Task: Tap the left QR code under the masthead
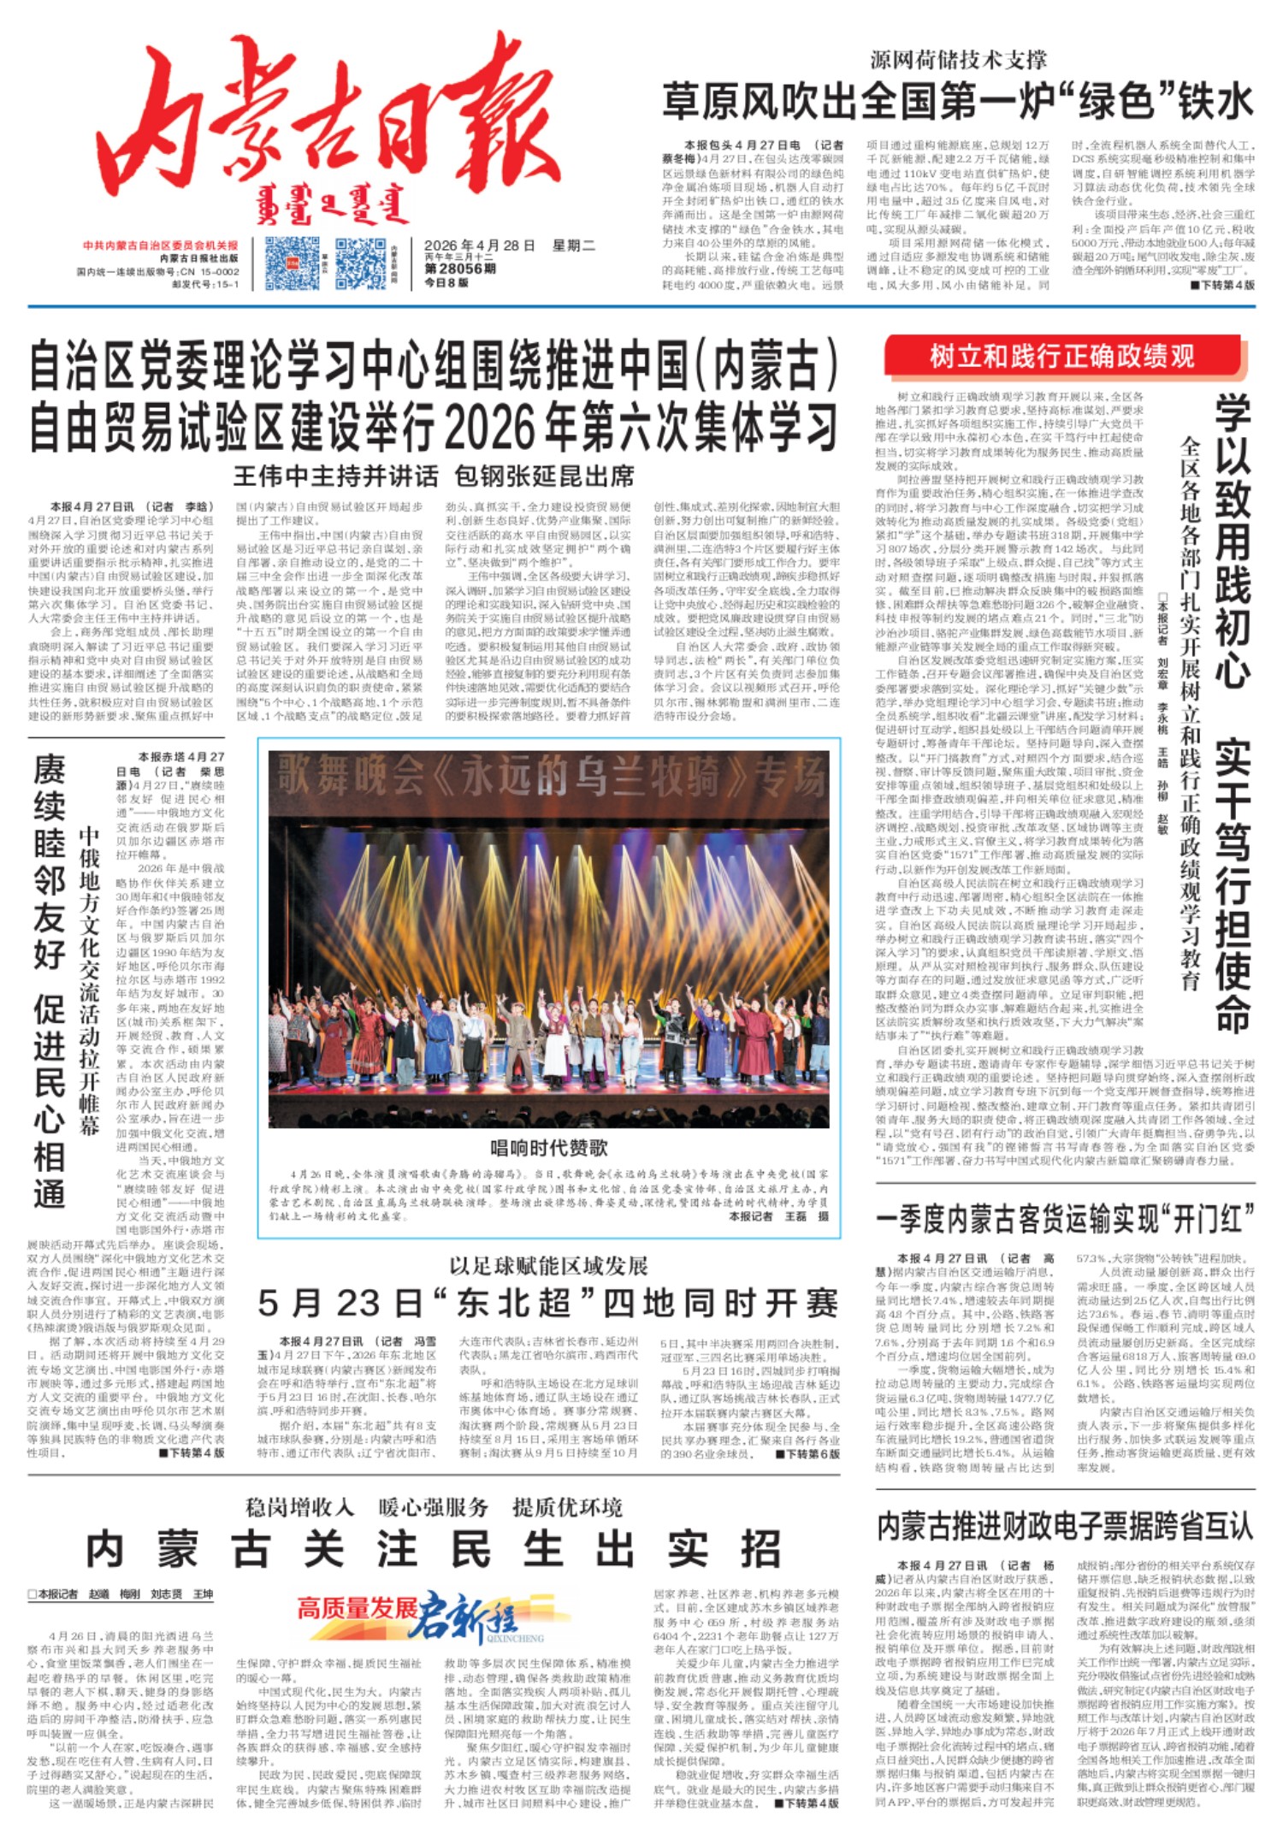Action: (292, 263)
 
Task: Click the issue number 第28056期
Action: (460, 268)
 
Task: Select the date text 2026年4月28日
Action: (479, 246)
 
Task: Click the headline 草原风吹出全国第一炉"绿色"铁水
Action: (957, 101)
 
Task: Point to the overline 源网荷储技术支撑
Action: (958, 60)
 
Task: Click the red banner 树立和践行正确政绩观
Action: (1061, 356)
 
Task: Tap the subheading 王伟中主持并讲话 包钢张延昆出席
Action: (434, 476)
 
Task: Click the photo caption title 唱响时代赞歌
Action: (548, 1147)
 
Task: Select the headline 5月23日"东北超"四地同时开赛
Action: (548, 1303)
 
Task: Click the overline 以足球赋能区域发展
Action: (548, 1265)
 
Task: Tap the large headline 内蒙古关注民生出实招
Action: (434, 1549)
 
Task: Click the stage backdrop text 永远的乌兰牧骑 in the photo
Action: (547, 777)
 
